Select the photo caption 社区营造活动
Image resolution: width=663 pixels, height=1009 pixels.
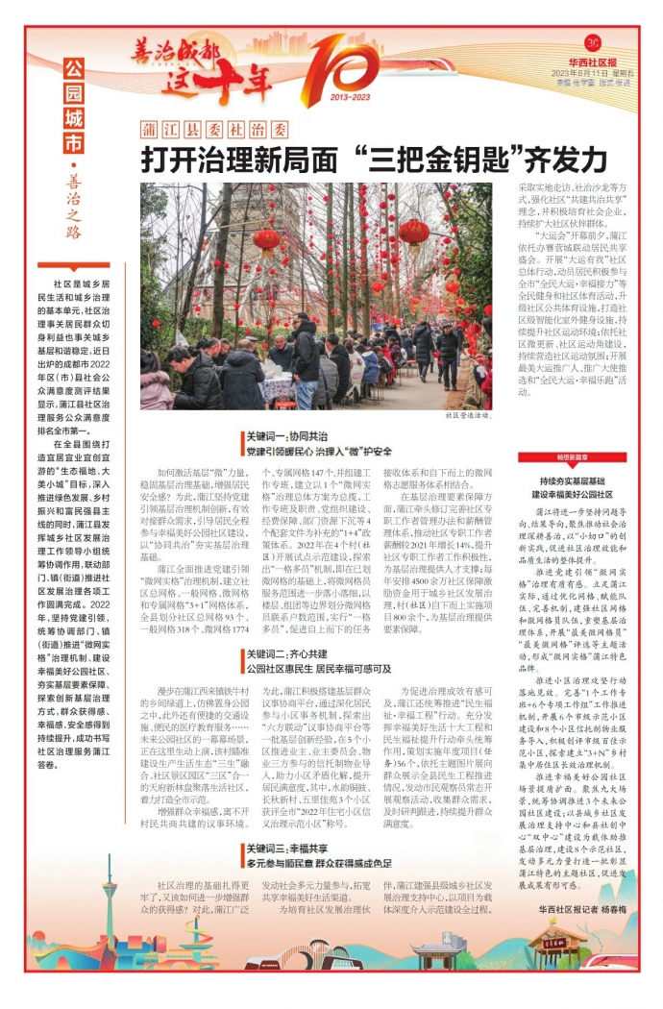pyautogui.click(x=468, y=416)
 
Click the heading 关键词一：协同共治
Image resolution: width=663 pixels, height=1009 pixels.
pyautogui.click(x=284, y=437)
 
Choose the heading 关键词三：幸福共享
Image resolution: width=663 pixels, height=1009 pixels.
pyautogui.click(x=284, y=849)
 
